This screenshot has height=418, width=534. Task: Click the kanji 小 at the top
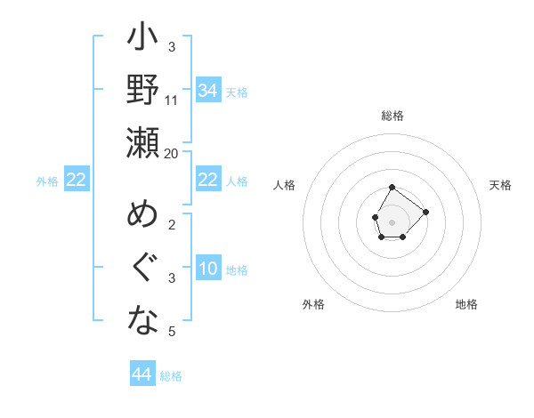[x=142, y=40]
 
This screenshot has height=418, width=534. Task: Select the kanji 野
[x=142, y=91]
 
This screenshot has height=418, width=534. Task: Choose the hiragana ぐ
[x=142, y=269]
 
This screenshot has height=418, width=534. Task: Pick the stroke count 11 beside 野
[x=172, y=100]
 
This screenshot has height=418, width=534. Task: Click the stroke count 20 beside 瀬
[x=172, y=153]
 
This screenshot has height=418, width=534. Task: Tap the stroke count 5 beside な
[x=172, y=332]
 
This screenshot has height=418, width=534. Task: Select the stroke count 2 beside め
[x=172, y=224]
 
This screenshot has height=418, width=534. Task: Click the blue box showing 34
[x=207, y=91]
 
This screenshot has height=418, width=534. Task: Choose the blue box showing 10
[x=207, y=269]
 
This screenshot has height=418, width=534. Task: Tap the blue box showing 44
[x=142, y=374]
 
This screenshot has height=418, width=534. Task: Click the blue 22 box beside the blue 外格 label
[x=76, y=181]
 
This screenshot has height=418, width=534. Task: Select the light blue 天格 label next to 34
[x=237, y=92]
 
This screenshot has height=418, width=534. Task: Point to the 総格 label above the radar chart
[x=392, y=116]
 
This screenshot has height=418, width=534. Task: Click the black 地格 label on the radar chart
[x=466, y=304]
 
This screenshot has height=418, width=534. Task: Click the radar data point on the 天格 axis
[x=425, y=212]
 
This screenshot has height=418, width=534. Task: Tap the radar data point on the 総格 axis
[x=392, y=188]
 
